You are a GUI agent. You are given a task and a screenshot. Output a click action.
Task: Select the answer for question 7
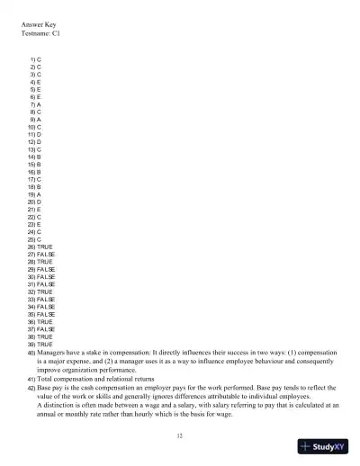[x=40, y=104]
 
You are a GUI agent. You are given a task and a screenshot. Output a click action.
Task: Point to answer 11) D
[x=40, y=134]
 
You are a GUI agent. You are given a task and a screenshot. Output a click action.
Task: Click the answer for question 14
[x=40, y=157]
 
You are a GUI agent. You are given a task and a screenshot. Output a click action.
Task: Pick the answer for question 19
[x=40, y=193]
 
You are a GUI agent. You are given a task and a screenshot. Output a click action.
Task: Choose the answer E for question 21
[x=40, y=209]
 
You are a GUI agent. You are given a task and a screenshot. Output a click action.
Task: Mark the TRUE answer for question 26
[x=45, y=246]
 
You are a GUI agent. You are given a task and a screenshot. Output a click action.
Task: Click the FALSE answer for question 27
[x=46, y=254]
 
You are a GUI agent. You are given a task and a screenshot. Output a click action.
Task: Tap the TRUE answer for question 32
[x=45, y=291]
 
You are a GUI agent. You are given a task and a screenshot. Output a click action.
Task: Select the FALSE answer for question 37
[x=46, y=328]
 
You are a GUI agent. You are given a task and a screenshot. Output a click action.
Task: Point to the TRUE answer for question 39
[x=45, y=344]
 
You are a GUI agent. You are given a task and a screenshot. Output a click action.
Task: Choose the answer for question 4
[x=40, y=82]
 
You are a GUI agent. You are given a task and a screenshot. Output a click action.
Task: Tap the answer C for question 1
[x=40, y=59]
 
